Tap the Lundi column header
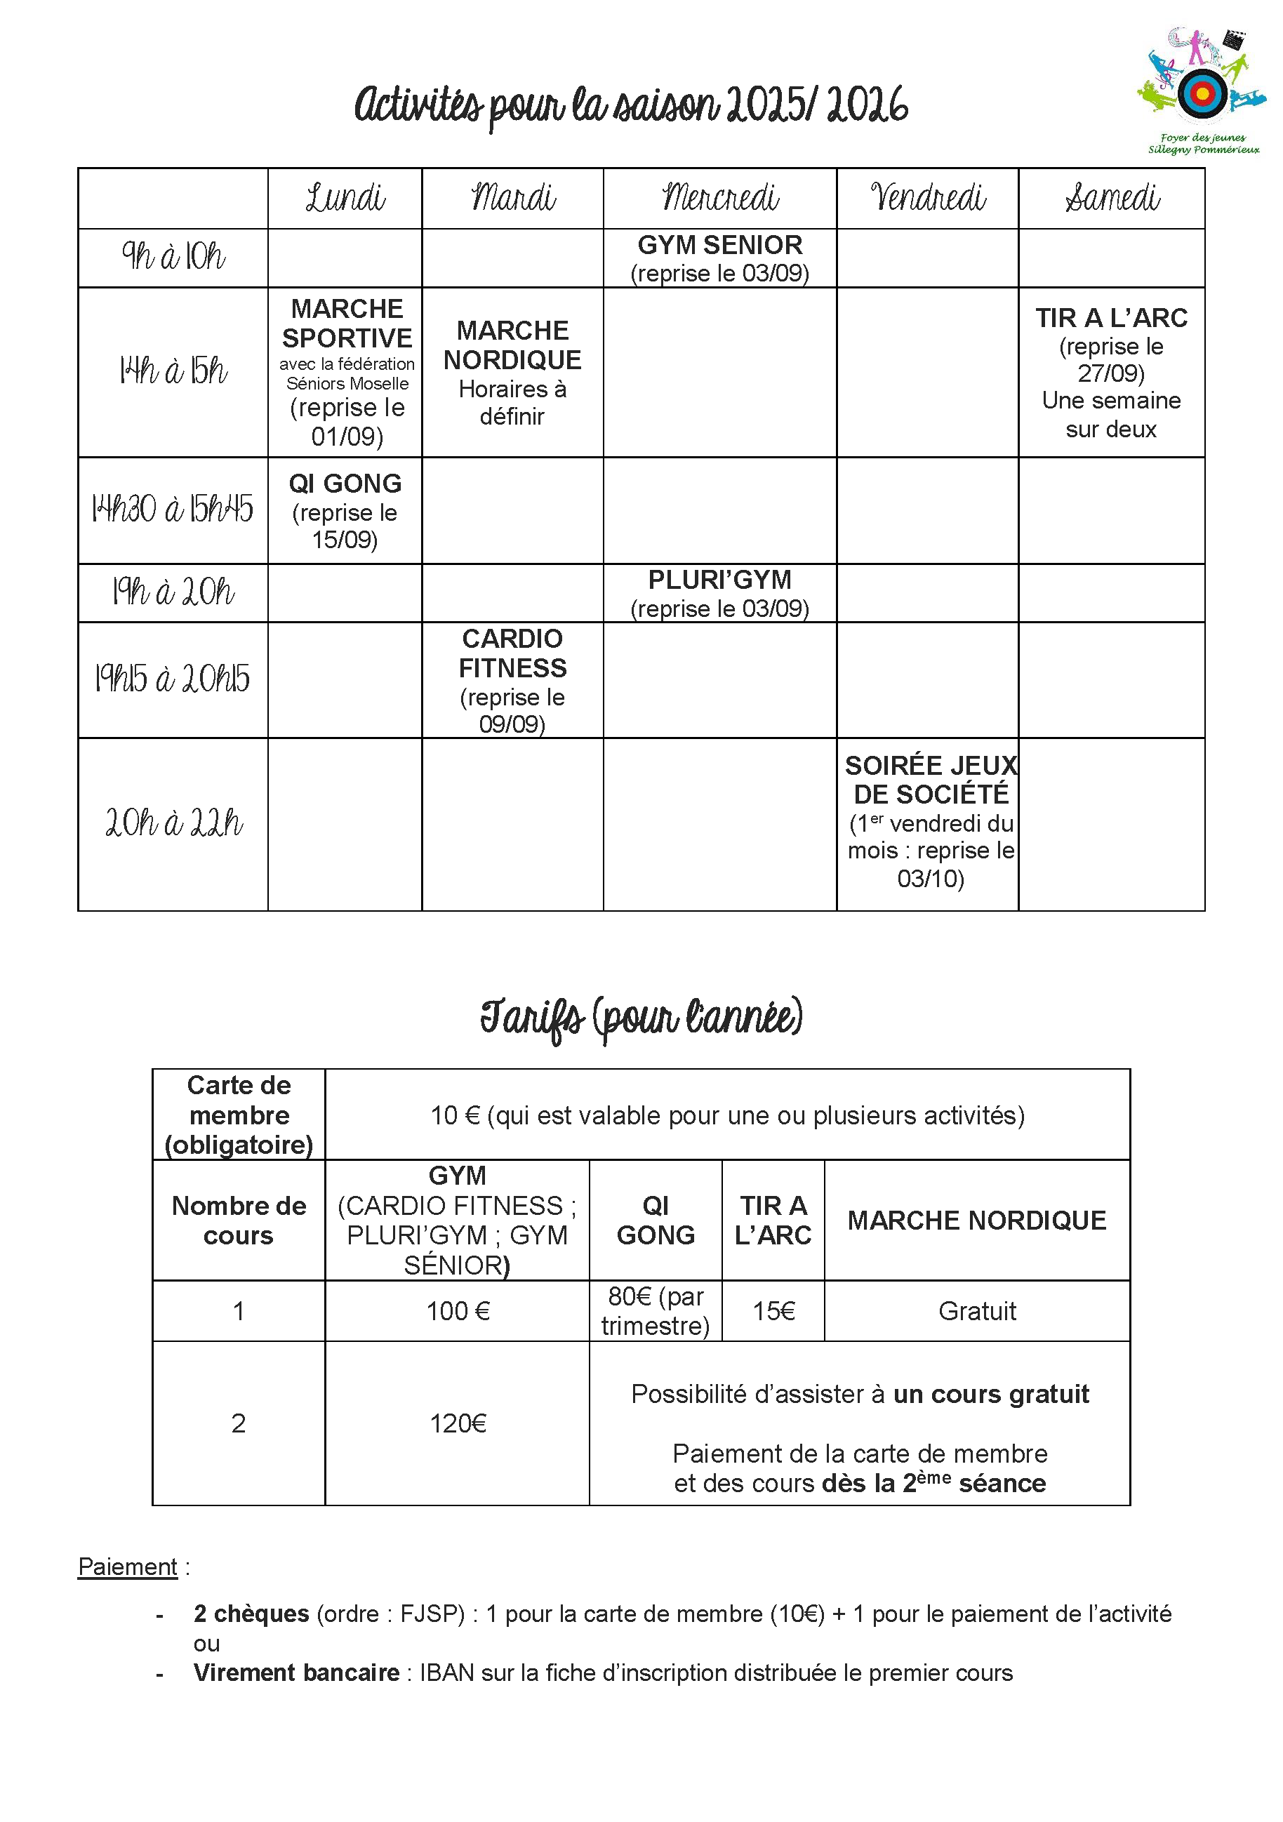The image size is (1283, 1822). (345, 198)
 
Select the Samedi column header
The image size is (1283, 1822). (1112, 198)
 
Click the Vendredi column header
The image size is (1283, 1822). (928, 198)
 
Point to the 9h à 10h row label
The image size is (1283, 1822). (173, 257)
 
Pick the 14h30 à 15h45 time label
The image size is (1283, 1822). (172, 510)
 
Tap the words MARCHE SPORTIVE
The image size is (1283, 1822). (347, 323)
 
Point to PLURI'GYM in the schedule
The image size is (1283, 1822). (719, 580)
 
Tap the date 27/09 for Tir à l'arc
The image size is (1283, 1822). (1111, 374)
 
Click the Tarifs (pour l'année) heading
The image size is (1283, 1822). (641, 1018)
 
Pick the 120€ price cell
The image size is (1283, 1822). (458, 1423)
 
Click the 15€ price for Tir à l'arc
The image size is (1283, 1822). (773, 1311)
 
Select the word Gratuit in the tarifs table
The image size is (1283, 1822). (977, 1311)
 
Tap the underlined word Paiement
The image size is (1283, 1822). (128, 1567)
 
